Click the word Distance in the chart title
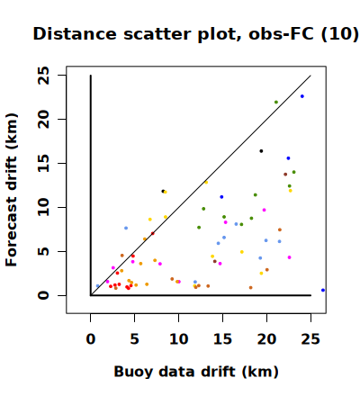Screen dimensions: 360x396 [x=75, y=33]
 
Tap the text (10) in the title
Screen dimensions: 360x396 [x=339, y=34]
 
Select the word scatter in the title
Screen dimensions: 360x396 [x=157, y=34]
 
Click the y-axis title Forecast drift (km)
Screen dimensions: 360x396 [x=12, y=190]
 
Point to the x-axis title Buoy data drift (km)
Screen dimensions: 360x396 [x=196, y=372]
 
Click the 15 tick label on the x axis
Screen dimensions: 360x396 [x=222, y=339]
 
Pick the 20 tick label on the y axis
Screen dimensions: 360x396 [x=43, y=119]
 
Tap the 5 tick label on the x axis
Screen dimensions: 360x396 [x=134, y=339]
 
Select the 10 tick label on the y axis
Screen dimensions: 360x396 [x=43, y=207]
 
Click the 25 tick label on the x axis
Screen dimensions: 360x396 [x=310, y=339]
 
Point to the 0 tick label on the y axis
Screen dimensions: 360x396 [x=43, y=295]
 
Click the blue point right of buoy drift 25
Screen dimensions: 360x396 [x=323, y=290]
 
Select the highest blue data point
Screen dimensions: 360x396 [x=302, y=96]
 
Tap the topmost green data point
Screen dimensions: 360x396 [x=276, y=102]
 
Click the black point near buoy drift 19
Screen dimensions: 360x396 [x=261, y=151]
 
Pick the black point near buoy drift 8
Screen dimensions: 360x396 [x=163, y=191]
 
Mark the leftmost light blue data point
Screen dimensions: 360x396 [x=97, y=286]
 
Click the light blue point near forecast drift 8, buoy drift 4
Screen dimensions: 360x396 [x=126, y=228]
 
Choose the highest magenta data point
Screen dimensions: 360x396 [x=264, y=210]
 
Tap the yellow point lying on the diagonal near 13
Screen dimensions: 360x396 [x=206, y=183]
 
